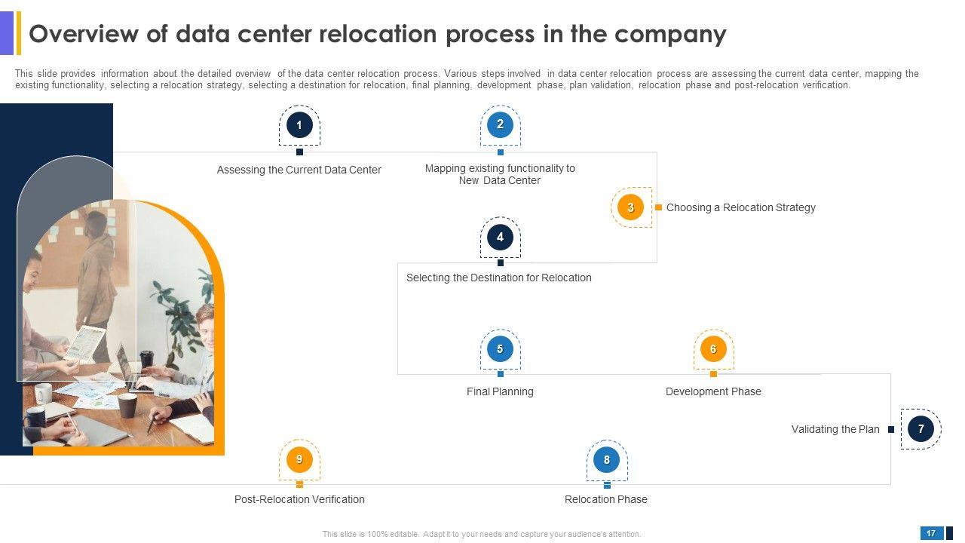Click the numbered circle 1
(x=299, y=125)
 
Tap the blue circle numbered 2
(x=500, y=124)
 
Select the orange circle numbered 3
(x=631, y=207)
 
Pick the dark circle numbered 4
(x=500, y=237)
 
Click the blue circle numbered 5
(x=500, y=348)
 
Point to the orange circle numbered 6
(x=713, y=348)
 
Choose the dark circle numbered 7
(x=921, y=429)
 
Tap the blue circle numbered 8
(x=607, y=460)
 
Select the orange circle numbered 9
(x=299, y=459)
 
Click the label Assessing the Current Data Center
(x=299, y=170)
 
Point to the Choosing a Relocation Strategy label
(x=741, y=207)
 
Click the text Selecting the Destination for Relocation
(x=499, y=278)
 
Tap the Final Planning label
(x=500, y=391)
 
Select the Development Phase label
(x=713, y=391)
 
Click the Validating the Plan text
(x=835, y=429)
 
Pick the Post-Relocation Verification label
(x=299, y=499)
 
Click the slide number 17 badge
(x=931, y=533)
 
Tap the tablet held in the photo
(x=85, y=343)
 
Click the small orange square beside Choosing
(x=658, y=207)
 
